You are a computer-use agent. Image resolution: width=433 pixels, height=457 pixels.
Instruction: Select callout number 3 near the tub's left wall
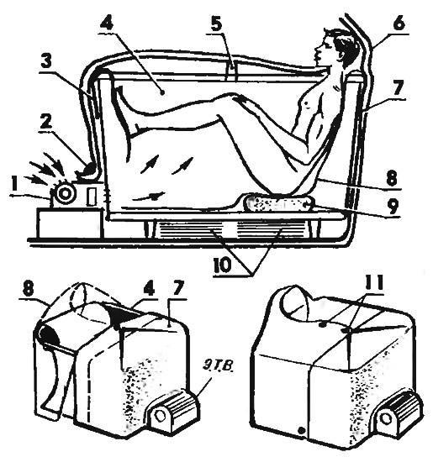47,62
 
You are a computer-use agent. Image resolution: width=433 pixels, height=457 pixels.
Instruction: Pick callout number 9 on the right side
392,205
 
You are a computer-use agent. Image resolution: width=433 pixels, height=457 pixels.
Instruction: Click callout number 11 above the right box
373,283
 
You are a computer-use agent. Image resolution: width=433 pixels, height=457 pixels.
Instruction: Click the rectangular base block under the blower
70,223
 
